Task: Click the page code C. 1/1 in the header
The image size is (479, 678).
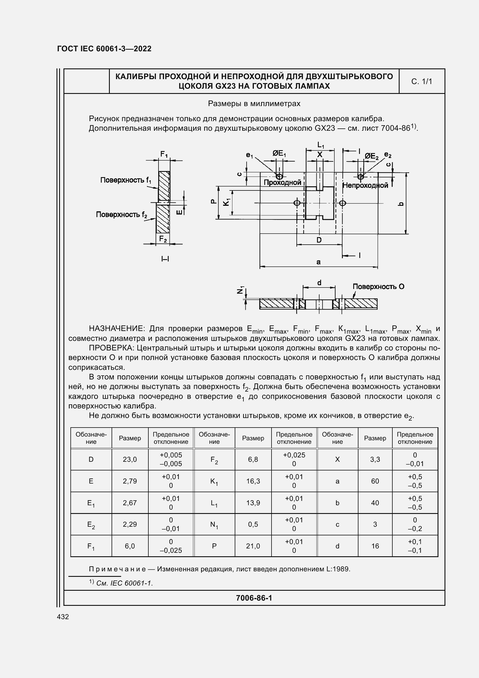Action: click(x=421, y=81)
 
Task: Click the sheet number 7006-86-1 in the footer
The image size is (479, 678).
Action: click(x=254, y=598)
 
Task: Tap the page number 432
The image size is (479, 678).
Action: click(x=63, y=617)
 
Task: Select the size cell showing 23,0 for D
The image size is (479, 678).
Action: click(x=130, y=459)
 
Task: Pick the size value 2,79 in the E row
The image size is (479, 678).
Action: click(x=130, y=481)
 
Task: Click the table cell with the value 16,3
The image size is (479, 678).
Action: click(x=253, y=481)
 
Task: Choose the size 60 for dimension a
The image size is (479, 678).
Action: click(x=375, y=481)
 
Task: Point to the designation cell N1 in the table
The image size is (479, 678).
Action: click(x=214, y=525)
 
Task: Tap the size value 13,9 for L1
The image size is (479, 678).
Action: click(x=253, y=503)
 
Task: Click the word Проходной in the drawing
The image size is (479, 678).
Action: click(x=282, y=183)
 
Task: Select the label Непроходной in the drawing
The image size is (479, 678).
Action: click(x=365, y=186)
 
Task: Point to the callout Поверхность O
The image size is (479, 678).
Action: click(x=378, y=286)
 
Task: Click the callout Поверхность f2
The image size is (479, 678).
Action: click(x=121, y=215)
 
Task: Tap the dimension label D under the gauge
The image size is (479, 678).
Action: click(x=319, y=240)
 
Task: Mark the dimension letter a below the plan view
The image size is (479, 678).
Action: click(x=318, y=262)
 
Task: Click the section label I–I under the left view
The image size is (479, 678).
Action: click(x=165, y=259)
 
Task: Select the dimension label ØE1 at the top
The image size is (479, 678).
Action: click(x=279, y=153)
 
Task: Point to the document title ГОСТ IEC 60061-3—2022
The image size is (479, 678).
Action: click(x=104, y=49)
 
